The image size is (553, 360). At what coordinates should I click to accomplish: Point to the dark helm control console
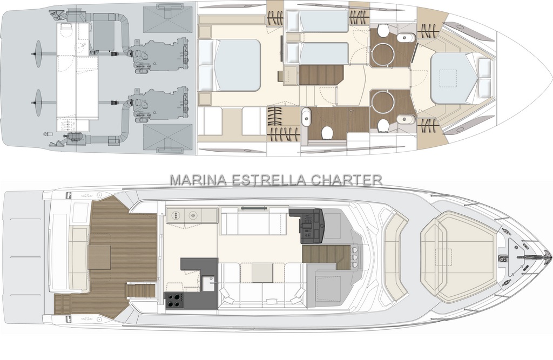(x=307, y=225)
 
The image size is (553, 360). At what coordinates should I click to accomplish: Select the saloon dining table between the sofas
(x=262, y=273)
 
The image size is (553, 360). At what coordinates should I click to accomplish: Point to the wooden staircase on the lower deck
(x=321, y=74)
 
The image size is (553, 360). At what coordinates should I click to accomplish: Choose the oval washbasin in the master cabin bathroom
(x=306, y=116)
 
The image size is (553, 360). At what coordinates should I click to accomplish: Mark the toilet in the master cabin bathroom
(x=328, y=132)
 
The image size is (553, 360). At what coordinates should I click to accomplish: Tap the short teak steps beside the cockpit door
(x=141, y=290)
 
